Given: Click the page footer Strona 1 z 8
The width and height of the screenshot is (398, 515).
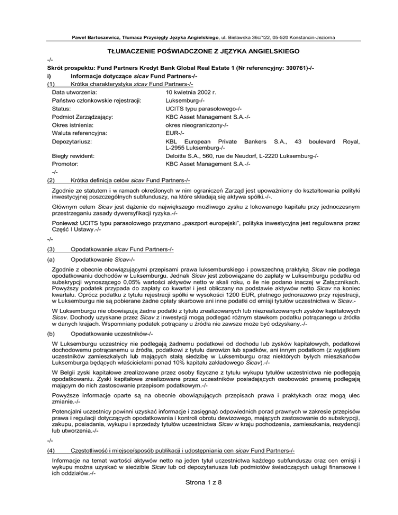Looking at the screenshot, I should pyautogui.click(x=199, y=500).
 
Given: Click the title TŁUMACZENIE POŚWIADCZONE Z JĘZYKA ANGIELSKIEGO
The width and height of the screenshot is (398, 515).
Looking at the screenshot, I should pyautogui.click(x=199, y=52).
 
